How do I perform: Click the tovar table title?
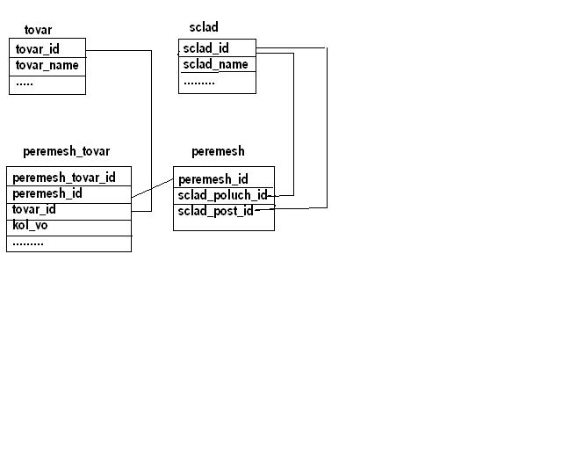tap(38, 30)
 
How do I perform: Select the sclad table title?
tap(204, 27)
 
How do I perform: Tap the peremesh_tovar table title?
tap(67, 151)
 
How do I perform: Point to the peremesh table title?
tap(218, 151)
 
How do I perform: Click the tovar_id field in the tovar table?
tap(37, 49)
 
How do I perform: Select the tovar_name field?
tap(47, 65)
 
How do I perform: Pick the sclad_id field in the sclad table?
tap(205, 48)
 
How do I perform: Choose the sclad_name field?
tap(215, 64)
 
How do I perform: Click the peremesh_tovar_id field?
tap(64, 178)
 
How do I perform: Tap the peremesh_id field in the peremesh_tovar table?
tap(47, 193)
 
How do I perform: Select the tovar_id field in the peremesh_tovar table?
tap(34, 209)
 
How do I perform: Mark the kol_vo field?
tap(30, 225)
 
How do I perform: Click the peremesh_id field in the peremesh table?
tap(213, 179)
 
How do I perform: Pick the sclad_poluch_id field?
tap(222, 195)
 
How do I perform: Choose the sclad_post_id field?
tap(215, 211)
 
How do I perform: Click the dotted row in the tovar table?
tap(25, 84)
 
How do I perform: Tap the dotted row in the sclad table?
tap(199, 83)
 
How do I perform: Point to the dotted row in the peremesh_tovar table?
tap(28, 244)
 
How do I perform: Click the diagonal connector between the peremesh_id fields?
tap(153, 188)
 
